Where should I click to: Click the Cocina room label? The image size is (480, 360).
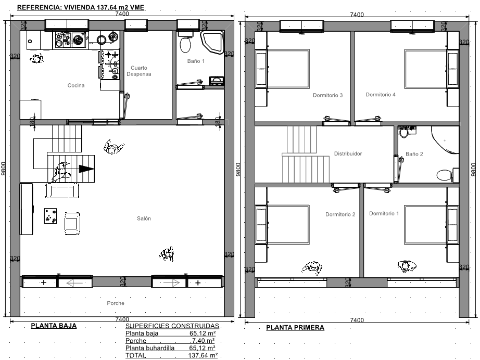(x=76, y=85)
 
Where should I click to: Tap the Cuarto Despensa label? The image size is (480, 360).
(x=139, y=71)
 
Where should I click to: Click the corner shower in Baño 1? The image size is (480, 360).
(x=212, y=41)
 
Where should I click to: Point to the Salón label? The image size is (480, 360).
(x=144, y=218)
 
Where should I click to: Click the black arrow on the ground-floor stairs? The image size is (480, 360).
(x=86, y=169)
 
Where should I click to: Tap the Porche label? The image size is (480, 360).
(x=116, y=303)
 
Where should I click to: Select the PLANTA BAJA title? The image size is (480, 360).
(x=54, y=326)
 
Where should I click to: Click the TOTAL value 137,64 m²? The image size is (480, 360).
(x=203, y=355)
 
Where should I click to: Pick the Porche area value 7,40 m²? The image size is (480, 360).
(x=203, y=340)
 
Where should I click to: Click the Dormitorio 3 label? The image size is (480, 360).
(x=327, y=95)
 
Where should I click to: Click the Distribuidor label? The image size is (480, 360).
(x=348, y=153)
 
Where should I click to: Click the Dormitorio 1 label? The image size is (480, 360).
(x=384, y=213)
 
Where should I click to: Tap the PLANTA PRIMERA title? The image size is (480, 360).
(x=295, y=328)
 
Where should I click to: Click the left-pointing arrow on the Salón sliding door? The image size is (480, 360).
(x=74, y=283)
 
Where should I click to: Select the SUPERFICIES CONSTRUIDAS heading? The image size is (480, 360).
(x=172, y=326)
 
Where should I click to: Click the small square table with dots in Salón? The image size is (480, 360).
(x=50, y=216)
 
